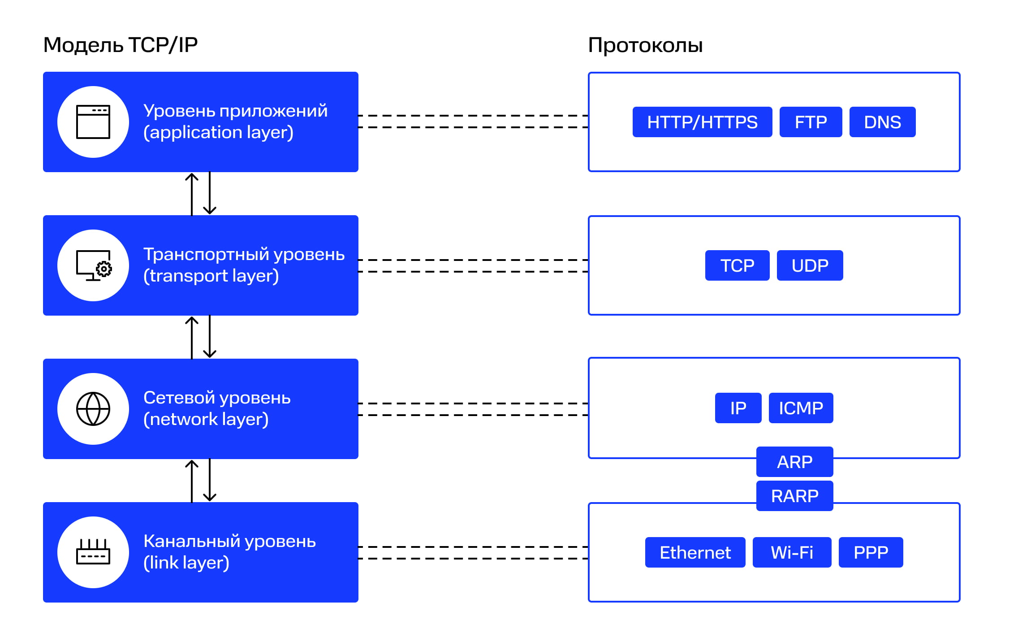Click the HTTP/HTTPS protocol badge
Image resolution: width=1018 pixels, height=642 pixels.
(x=702, y=122)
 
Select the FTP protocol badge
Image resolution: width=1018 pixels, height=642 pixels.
(x=810, y=122)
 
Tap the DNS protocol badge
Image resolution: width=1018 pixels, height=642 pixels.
(x=882, y=122)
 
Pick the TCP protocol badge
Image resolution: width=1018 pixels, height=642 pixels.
(x=737, y=265)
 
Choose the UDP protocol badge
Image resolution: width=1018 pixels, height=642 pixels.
(x=809, y=265)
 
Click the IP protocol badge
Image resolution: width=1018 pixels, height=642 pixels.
(x=738, y=408)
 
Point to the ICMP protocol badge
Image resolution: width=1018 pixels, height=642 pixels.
(x=800, y=408)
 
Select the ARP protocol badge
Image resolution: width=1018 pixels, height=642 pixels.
(x=794, y=462)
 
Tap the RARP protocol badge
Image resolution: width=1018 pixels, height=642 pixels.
(x=794, y=496)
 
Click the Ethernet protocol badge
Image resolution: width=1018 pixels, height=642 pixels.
(x=694, y=552)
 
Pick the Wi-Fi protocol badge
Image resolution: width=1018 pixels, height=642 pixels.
(x=791, y=552)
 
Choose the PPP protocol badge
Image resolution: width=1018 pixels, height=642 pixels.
(x=870, y=552)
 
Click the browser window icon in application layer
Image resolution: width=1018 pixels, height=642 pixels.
(x=93, y=122)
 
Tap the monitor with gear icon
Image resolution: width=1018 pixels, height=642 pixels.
(x=93, y=265)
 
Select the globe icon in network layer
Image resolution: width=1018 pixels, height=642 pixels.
(x=93, y=409)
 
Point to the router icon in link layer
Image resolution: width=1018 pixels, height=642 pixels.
(x=93, y=552)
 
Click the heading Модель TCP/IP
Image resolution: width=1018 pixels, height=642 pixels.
(x=120, y=45)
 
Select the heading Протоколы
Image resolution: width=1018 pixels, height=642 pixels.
(x=645, y=45)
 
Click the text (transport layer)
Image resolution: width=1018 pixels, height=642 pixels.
(x=211, y=276)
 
